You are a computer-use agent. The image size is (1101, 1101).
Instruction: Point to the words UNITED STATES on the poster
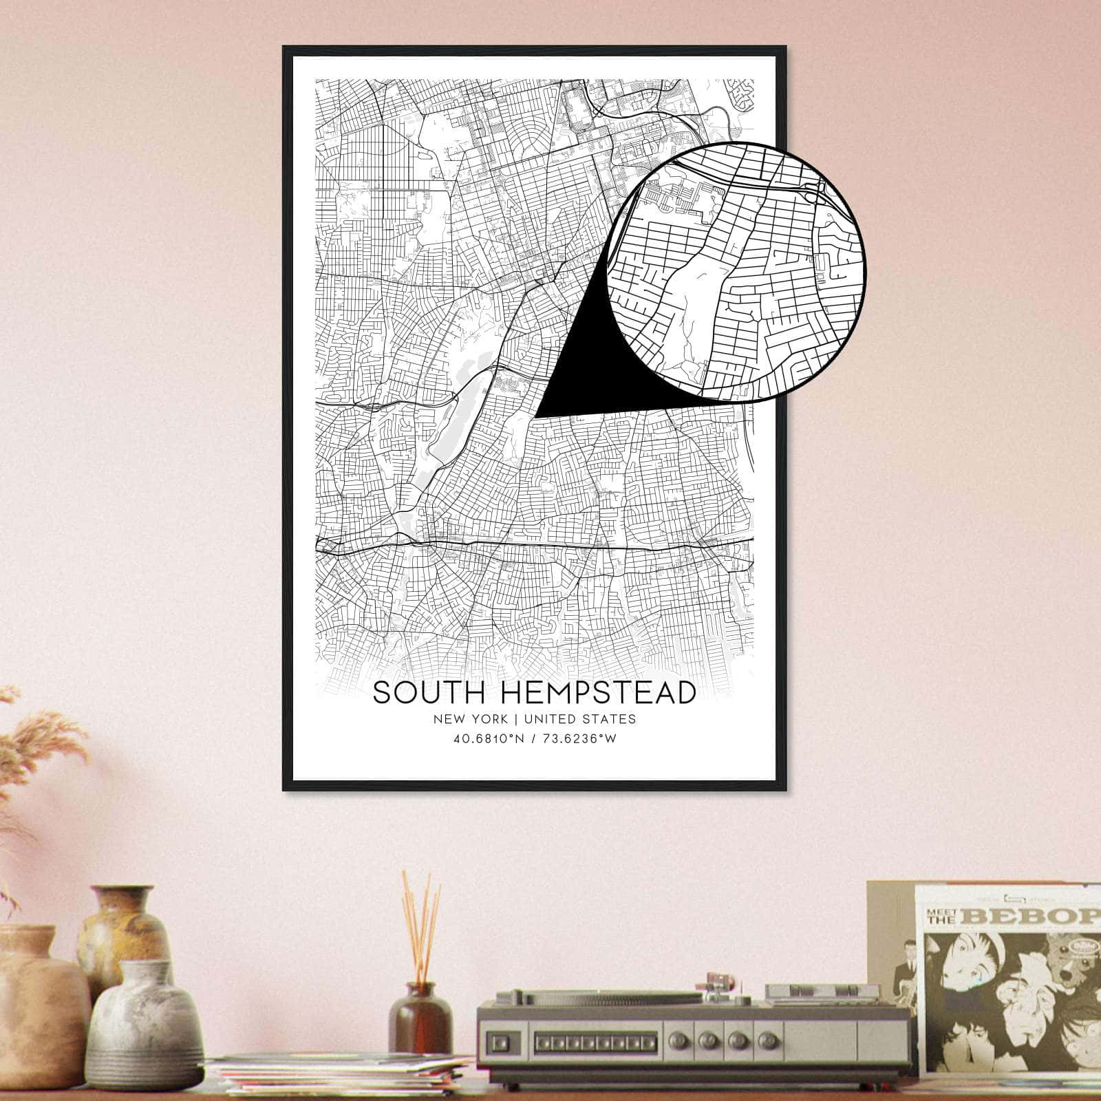tap(579, 720)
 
